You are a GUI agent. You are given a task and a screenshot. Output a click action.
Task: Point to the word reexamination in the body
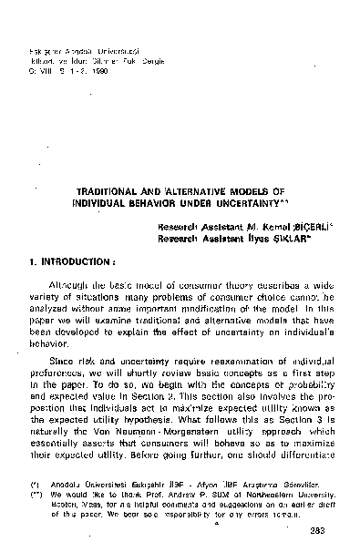click(x=205, y=373)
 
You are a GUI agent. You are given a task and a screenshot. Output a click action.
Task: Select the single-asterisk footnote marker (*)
click(x=35, y=499)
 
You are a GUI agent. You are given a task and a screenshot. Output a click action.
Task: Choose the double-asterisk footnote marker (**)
click(x=35, y=508)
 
